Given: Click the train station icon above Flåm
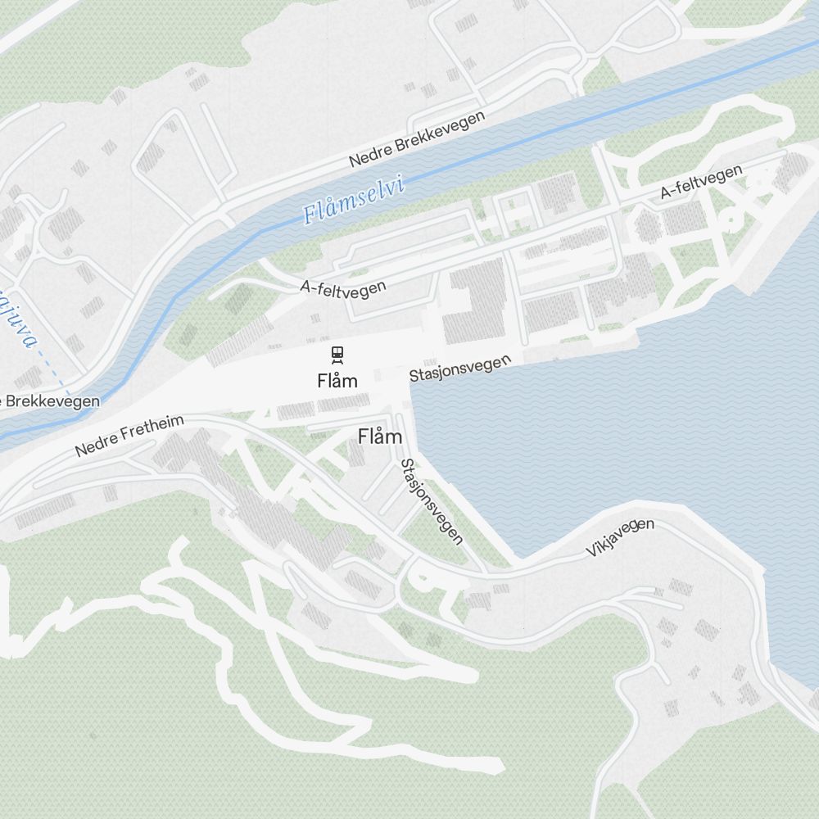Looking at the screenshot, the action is point(337,355).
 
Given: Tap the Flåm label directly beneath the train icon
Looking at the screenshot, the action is point(337,380).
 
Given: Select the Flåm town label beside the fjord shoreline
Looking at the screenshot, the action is point(380,437).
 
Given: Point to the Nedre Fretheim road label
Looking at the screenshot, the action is point(129,436).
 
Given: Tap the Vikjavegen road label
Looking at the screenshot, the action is point(620,538).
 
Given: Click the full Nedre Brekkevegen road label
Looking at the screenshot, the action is point(417,138).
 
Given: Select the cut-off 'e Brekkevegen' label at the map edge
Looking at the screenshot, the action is point(51,400).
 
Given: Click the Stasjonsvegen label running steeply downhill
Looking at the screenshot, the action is point(432,501).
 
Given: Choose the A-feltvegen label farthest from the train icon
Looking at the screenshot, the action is point(701,182).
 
